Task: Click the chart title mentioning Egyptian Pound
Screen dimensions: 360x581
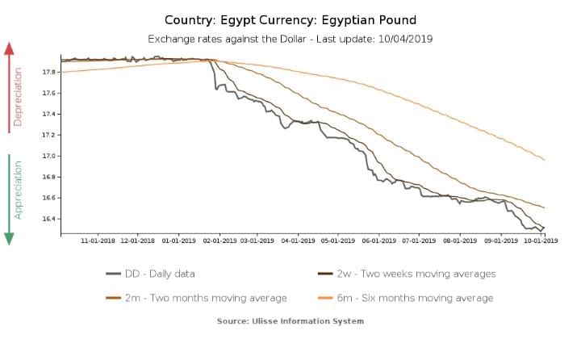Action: click(x=290, y=19)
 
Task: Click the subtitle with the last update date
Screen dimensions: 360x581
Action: click(x=290, y=39)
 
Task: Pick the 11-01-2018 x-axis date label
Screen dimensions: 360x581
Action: click(x=98, y=240)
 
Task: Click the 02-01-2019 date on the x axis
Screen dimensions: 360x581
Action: click(x=219, y=240)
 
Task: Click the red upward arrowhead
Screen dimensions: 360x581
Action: click(x=10, y=48)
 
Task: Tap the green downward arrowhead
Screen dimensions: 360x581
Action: click(x=10, y=238)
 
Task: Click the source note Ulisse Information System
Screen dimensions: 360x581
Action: click(x=290, y=321)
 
